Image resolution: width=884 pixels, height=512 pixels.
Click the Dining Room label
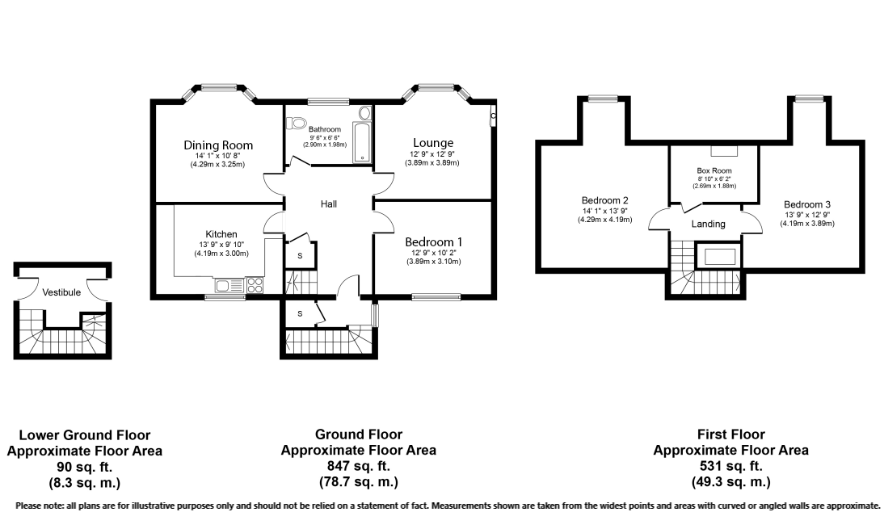[x=217, y=145]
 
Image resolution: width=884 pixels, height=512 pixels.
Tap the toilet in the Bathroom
[x=297, y=124]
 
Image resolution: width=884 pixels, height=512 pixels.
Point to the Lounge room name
[x=431, y=143]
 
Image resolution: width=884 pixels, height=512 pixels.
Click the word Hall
[x=328, y=204]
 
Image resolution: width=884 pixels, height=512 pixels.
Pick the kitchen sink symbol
[x=225, y=285]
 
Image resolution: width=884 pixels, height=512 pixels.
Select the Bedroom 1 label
[x=432, y=242]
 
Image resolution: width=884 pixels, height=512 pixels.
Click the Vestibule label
[x=61, y=292]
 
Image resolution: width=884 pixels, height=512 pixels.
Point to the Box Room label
[x=713, y=171]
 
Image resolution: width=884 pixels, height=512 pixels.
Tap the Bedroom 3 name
[x=806, y=204]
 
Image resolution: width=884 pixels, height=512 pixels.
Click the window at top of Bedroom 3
[x=808, y=99]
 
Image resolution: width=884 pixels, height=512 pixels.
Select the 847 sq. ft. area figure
[x=358, y=467]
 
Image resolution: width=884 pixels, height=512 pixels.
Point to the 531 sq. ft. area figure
[x=730, y=467]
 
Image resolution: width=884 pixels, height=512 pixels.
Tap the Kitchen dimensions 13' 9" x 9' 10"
[x=221, y=245]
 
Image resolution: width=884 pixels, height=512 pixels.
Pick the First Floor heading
[x=730, y=434]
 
